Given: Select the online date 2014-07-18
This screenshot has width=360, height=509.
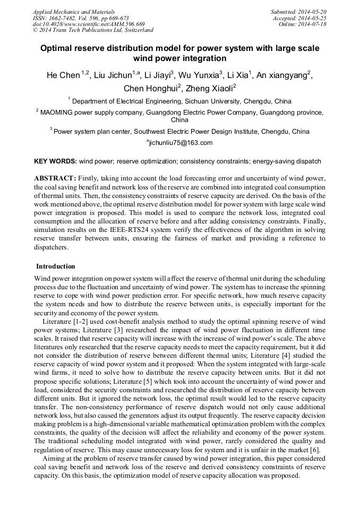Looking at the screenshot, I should point(313,24).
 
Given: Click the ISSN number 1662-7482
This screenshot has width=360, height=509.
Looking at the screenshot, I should point(66,18).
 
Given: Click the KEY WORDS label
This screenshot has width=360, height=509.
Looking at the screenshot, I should point(55,161).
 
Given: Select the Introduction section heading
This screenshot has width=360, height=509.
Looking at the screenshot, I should point(56,266).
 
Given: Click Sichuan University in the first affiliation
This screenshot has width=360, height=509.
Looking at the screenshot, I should point(212,101).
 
